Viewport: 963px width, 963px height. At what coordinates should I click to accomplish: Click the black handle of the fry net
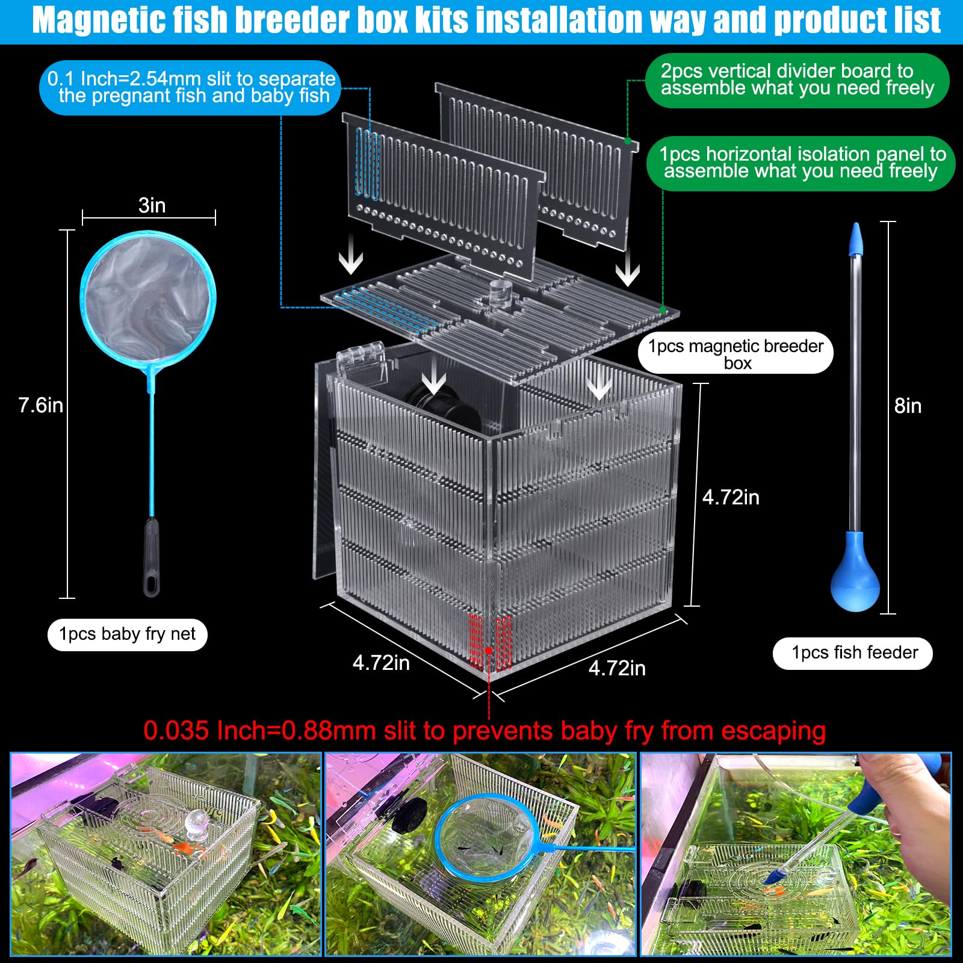pos(151,557)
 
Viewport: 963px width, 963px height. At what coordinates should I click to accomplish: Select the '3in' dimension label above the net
pos(152,205)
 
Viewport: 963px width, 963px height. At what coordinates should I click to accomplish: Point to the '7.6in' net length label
pos(40,405)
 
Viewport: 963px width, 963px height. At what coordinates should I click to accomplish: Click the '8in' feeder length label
pos(908,406)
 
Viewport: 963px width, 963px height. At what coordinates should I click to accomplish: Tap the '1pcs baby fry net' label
pos(127,634)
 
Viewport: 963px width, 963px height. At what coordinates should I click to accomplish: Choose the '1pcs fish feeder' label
pos(853,653)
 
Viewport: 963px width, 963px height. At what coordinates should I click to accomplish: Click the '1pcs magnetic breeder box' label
pos(735,353)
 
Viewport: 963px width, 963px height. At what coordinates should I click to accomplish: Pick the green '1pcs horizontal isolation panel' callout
pos(800,163)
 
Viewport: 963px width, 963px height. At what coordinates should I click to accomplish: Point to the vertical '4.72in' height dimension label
pos(730,498)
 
